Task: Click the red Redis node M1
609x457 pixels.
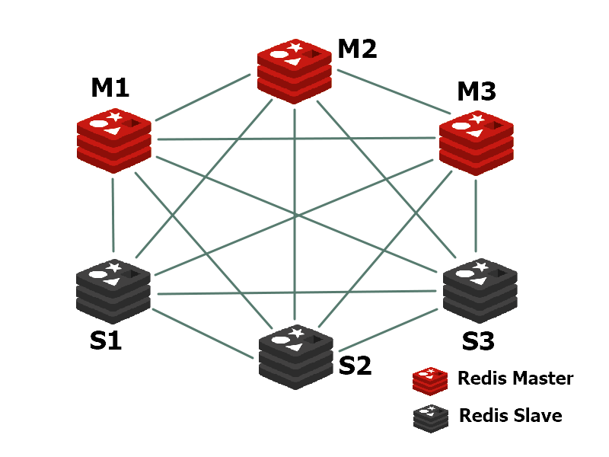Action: pos(113,140)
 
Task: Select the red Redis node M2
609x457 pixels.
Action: pos(294,71)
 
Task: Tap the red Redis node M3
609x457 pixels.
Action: pos(477,142)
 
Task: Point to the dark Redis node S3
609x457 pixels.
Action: pos(480,290)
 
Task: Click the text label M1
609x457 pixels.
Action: pos(110,88)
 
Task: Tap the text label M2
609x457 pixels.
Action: pos(357,49)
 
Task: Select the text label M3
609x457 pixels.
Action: pos(477,92)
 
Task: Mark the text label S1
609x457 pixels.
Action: pos(106,341)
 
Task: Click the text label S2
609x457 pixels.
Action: pos(355,366)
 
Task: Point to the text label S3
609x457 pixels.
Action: pos(478,340)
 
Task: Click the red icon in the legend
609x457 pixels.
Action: pos(430,379)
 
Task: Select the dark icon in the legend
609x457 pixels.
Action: pos(430,417)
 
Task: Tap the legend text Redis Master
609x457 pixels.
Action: pos(515,379)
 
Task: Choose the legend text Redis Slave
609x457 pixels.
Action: pos(510,416)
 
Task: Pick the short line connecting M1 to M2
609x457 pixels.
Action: pos(203,97)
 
